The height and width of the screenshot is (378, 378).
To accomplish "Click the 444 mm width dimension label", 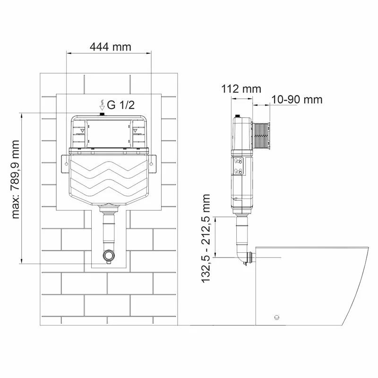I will (x=110, y=47).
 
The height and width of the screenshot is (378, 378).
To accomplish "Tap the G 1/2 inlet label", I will (x=120, y=105).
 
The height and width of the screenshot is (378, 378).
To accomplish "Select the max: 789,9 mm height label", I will (x=17, y=180).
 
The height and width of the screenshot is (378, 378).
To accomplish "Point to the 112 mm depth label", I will (x=241, y=89).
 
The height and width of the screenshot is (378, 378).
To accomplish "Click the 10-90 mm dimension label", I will (x=297, y=99).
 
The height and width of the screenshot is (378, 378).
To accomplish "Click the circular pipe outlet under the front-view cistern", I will (x=109, y=257).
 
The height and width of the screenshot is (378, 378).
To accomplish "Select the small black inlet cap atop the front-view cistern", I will (x=101, y=114).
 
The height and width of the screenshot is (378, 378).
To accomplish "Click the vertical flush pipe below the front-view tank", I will (x=109, y=229).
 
